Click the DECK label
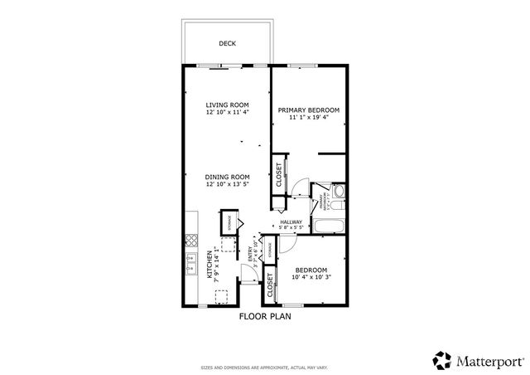tap(227, 43)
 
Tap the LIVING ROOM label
tap(227, 105)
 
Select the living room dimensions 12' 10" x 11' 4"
tap(227, 114)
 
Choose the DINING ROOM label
tap(227, 177)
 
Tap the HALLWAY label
tap(291, 222)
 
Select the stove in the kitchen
tap(190, 241)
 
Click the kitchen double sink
tap(190, 266)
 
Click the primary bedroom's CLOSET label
tap(278, 174)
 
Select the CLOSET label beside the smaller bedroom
tap(271, 286)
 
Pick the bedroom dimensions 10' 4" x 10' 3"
tap(311, 278)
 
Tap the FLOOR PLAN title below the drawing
tap(265, 316)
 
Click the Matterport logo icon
tap(438, 359)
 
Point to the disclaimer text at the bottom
tap(265, 366)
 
